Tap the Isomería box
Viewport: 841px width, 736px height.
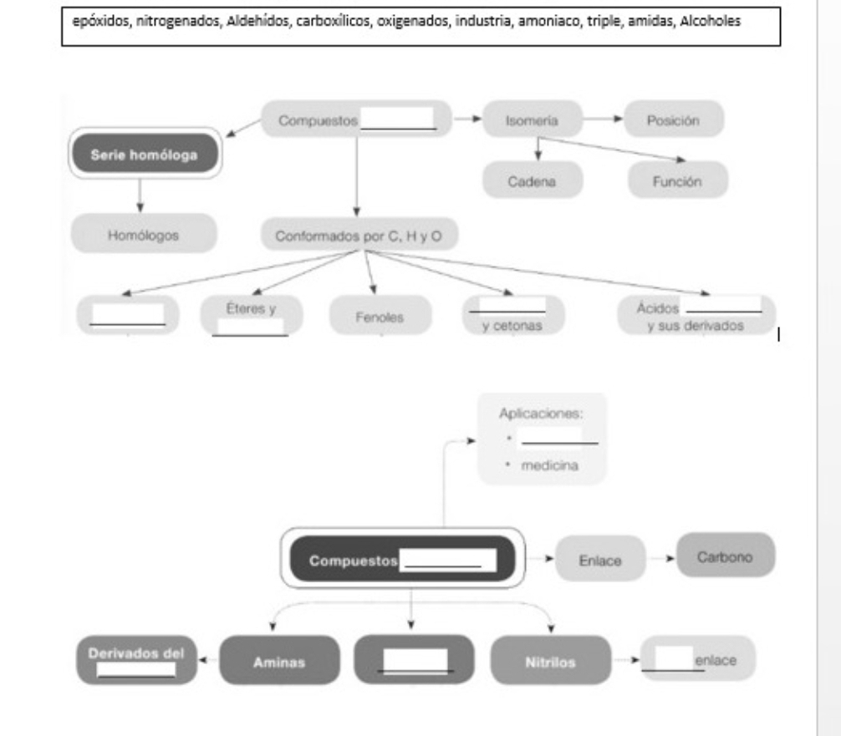(x=532, y=120)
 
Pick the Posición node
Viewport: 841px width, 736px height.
(x=673, y=120)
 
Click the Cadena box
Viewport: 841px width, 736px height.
(x=533, y=180)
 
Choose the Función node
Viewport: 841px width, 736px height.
(x=678, y=180)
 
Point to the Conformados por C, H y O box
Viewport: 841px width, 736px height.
(x=359, y=235)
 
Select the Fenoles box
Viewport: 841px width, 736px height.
(x=380, y=317)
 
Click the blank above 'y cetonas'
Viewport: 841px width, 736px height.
(x=507, y=305)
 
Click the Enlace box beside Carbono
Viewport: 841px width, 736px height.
(x=600, y=561)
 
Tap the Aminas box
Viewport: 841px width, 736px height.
(x=280, y=662)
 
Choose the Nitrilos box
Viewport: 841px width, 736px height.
(x=552, y=662)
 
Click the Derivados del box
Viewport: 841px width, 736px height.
(x=138, y=660)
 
